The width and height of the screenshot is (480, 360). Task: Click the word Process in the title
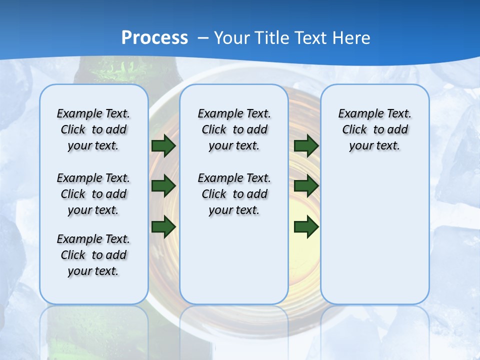[154, 38]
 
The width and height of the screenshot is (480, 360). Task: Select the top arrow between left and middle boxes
[163, 145]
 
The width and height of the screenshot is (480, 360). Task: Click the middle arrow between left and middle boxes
[163, 186]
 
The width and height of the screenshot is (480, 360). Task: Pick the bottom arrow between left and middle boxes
[163, 227]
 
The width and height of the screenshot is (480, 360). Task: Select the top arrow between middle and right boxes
[306, 145]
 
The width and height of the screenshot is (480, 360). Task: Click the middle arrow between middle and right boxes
[306, 186]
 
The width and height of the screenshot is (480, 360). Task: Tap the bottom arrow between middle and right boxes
[306, 227]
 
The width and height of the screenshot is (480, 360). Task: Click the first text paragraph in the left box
[93, 129]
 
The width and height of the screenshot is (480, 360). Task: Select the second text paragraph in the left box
[93, 194]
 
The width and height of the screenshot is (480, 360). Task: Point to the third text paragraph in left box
[93, 255]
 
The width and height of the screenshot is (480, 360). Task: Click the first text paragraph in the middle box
[234, 129]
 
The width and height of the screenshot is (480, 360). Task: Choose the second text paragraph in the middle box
[234, 194]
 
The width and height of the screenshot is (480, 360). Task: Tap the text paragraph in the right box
[374, 129]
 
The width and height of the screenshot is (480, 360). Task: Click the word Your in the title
[232, 38]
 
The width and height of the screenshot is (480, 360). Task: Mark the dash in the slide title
[203, 38]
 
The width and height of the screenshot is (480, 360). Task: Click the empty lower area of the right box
[374, 240]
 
